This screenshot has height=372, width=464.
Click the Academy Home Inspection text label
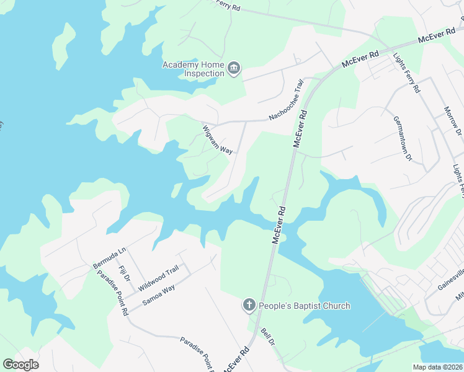coord(193,69)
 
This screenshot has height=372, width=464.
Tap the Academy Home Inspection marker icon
coord(234,68)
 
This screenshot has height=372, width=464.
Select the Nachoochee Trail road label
coord(286,100)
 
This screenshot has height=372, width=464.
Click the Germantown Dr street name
coord(402,139)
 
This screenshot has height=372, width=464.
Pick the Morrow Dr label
coord(452,122)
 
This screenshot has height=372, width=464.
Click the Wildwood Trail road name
coord(158,279)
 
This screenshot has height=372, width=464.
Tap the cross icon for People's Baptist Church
coord(249,304)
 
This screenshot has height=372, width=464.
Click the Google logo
coord(20,364)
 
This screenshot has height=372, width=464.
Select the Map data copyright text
coord(441,367)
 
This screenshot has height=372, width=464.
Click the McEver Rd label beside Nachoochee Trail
coord(300,129)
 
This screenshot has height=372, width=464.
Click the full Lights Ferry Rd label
coord(406,73)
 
